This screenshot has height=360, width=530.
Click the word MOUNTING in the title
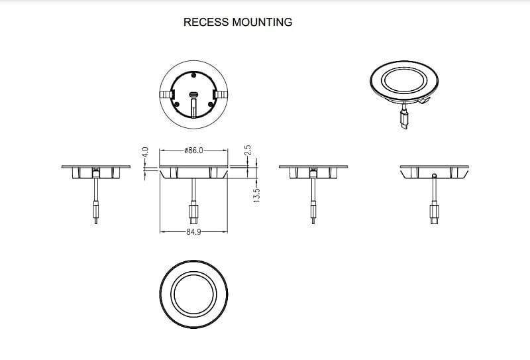pyautogui.click(x=262, y=22)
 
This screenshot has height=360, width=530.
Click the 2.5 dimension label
pyautogui.click(x=248, y=152)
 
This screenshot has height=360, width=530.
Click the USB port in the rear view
pyautogui.click(x=193, y=94)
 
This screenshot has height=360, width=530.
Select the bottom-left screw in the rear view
pyautogui.click(x=177, y=103)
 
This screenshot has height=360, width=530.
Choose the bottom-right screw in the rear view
pyautogui.click(x=210, y=103)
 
